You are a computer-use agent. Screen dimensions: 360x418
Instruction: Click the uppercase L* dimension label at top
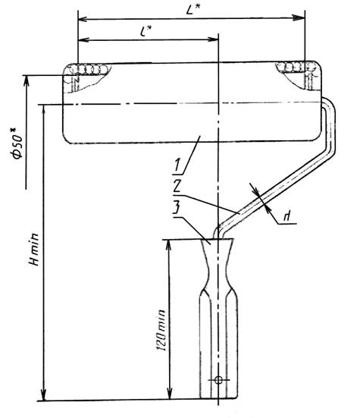(193, 9)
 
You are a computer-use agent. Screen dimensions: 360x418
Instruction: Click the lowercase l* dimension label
(146, 31)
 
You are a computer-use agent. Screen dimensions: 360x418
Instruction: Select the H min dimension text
(34, 250)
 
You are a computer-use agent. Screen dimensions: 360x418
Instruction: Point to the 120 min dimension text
(161, 330)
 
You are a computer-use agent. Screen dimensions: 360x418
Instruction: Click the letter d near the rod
(286, 216)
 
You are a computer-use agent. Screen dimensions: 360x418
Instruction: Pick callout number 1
(177, 165)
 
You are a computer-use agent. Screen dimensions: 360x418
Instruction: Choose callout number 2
(177, 186)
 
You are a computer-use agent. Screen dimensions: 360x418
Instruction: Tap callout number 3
(177, 207)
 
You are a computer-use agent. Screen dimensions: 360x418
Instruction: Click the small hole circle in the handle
(218, 379)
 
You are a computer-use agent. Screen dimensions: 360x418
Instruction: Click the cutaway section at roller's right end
(298, 75)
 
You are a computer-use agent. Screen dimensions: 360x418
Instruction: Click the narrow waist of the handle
(218, 275)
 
